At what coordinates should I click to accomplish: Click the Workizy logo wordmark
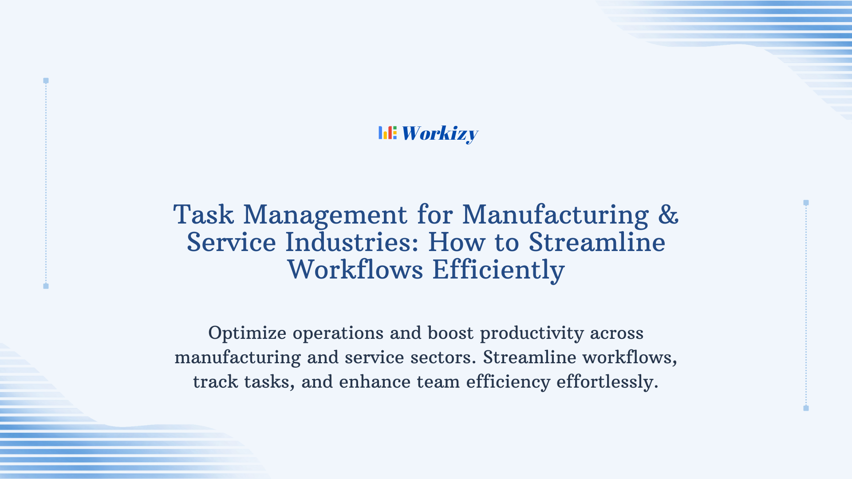click(x=440, y=133)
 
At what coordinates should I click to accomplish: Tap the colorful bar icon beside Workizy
click(x=387, y=133)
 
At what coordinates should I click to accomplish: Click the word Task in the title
click(x=203, y=215)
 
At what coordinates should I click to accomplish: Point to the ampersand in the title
click(x=668, y=215)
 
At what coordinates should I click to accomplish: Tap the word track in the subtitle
click(x=215, y=382)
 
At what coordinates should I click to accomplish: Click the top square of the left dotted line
click(x=46, y=81)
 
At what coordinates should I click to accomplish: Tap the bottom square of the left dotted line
click(x=46, y=286)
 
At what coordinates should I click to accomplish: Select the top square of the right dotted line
click(x=806, y=203)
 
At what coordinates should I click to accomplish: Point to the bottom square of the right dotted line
click(x=806, y=408)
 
